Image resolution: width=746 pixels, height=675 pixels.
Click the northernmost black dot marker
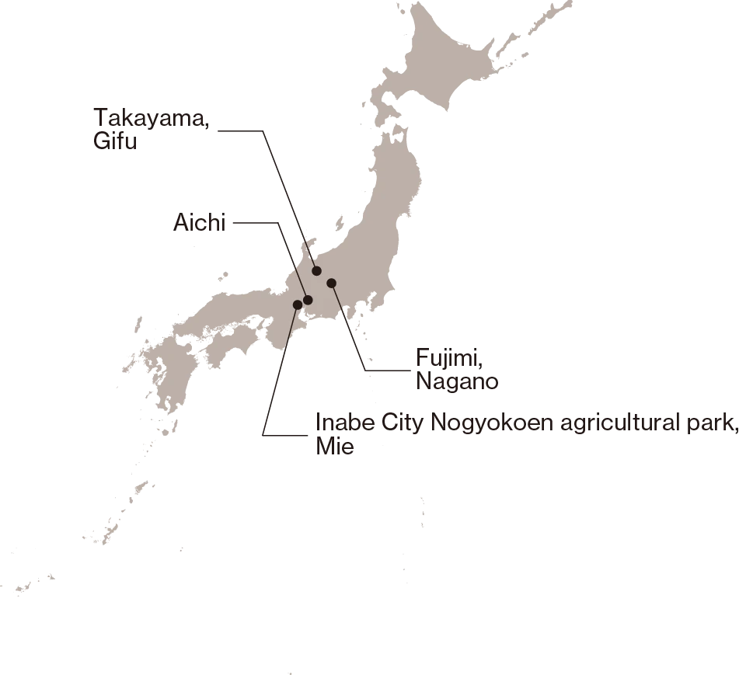[x=316, y=270]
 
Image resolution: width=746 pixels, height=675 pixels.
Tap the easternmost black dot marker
[x=331, y=283]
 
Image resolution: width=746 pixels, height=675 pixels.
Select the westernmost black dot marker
[x=298, y=304]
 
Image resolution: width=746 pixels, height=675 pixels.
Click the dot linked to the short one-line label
[x=308, y=300]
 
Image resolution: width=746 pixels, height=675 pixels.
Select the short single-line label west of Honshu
[x=199, y=227]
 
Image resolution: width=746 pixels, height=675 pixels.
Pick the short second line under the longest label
[x=335, y=451]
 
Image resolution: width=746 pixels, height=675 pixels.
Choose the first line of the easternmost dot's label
[x=448, y=358]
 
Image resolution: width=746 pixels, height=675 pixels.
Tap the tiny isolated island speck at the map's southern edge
[x=289, y=672]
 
